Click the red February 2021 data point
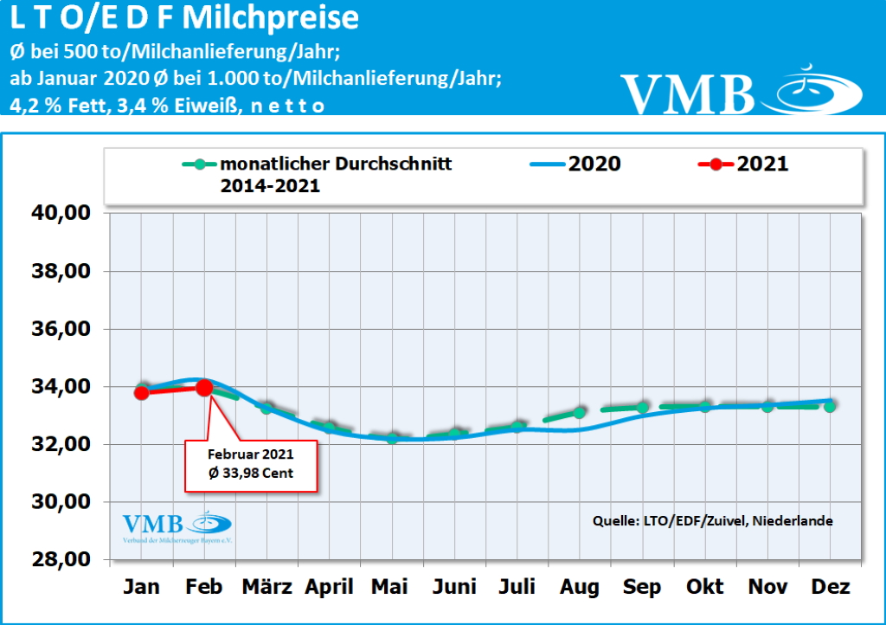[x=204, y=388]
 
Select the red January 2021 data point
[x=142, y=392]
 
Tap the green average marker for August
[x=579, y=413]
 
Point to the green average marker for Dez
[x=829, y=406]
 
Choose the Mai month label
[x=390, y=587]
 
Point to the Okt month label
[x=704, y=587]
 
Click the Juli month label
[x=517, y=587]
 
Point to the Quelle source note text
[x=712, y=521]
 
